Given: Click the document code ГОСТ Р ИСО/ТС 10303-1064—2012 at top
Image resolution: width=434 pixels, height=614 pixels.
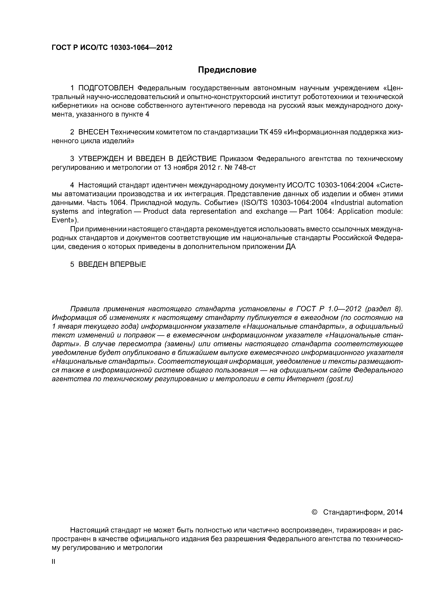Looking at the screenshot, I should point(112,48).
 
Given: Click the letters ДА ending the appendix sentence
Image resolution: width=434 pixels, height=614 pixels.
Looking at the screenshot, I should point(291,247).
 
